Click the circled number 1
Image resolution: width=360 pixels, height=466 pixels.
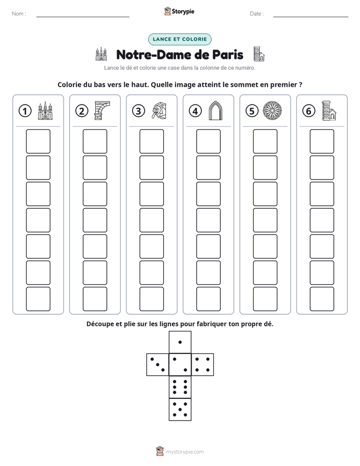[25, 111]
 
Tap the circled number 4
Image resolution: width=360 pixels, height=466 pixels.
[195, 111]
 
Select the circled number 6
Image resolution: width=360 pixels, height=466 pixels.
[309, 111]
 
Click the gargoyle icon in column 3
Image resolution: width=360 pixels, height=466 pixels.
[159, 111]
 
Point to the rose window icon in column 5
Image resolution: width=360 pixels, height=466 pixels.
[272, 111]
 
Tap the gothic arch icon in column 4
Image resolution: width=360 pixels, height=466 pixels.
[215, 111]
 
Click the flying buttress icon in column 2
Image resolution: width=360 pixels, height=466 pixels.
[102, 110]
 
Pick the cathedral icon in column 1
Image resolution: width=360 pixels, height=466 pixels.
[45, 111]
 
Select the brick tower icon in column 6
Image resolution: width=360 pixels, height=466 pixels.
[329, 111]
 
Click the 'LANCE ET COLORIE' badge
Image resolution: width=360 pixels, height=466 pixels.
[179, 39]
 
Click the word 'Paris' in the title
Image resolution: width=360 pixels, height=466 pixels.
[227, 54]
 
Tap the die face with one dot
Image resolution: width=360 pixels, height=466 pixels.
[180, 342]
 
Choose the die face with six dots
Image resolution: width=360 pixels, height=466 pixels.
[180, 387]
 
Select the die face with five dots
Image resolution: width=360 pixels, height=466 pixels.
[180, 410]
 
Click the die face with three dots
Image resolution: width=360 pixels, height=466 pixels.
[158, 365]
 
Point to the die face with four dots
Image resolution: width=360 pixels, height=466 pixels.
[203, 365]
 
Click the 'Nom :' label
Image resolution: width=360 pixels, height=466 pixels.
[19, 14]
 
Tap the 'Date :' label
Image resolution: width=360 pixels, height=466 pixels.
[257, 14]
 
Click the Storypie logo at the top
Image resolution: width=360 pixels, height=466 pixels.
[179, 11]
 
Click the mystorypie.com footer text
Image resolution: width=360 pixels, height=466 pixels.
[185, 452]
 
